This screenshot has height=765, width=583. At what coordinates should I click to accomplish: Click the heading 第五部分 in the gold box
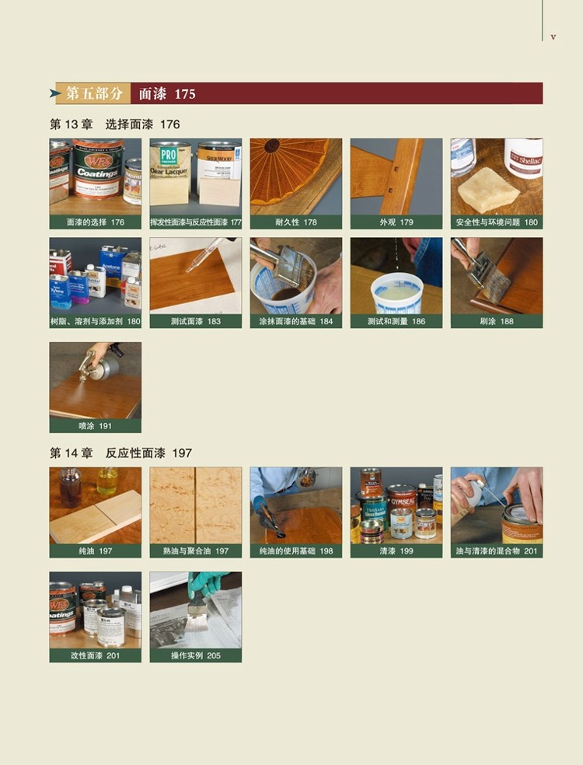94,93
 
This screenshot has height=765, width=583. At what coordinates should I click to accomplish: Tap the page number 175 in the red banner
184,93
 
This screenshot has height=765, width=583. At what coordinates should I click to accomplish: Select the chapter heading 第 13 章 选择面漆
114,124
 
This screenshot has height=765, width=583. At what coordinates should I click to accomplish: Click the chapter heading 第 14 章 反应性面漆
120,453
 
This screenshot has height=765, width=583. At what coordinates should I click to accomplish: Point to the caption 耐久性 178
296,222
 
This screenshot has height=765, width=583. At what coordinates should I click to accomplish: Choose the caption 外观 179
396,222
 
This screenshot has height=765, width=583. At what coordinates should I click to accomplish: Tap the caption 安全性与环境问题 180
497,222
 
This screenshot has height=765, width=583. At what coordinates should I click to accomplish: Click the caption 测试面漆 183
196,322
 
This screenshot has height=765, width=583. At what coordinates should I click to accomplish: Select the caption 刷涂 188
497,322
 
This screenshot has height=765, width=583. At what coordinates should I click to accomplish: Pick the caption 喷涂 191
95,426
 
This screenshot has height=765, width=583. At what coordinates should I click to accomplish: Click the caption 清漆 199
396,551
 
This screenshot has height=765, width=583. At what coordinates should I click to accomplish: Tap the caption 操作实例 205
196,655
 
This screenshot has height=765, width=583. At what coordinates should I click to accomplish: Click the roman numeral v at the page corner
553,37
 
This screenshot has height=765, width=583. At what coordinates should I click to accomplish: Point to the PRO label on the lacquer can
168,155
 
